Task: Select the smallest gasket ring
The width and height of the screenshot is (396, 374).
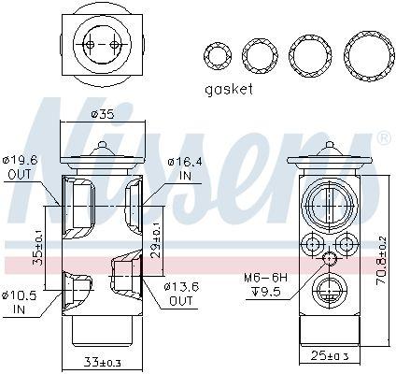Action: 219,56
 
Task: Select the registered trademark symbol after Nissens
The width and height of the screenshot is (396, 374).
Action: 382,139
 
